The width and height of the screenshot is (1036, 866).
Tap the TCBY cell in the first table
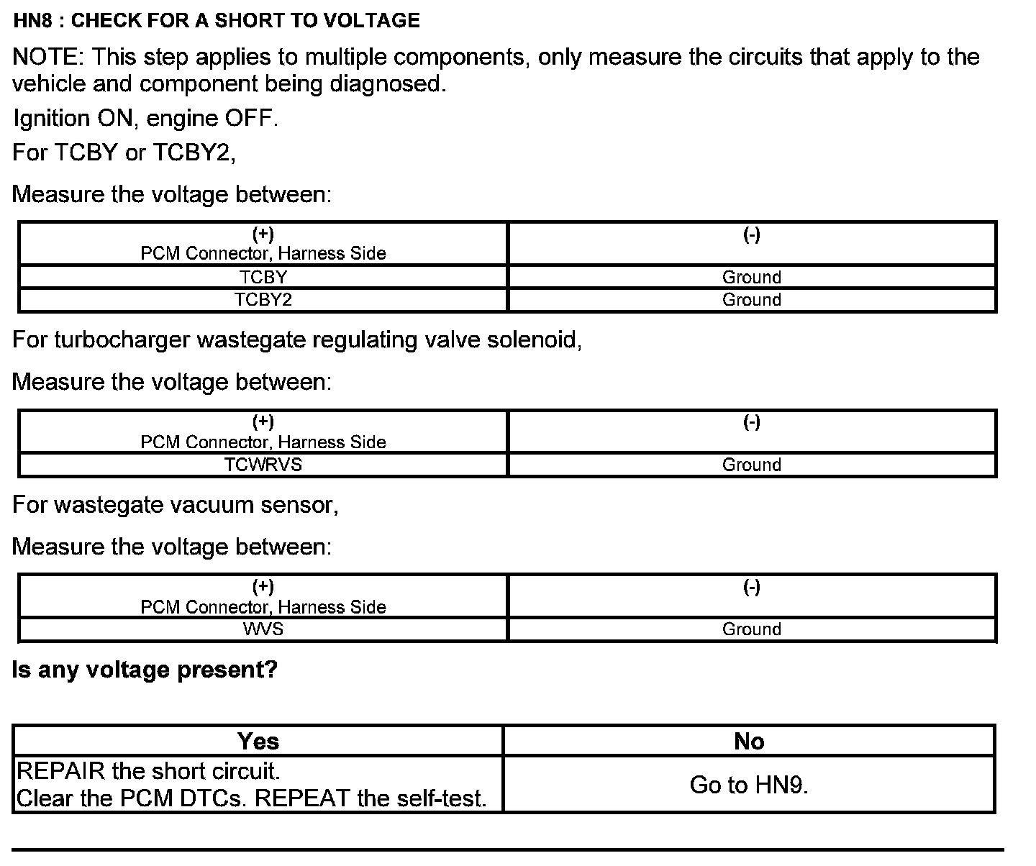263,277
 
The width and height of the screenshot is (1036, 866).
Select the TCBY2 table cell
263,299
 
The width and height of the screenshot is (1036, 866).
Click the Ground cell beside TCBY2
751,299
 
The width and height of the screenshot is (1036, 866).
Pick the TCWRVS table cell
263,465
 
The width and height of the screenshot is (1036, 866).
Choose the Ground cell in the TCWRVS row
751,465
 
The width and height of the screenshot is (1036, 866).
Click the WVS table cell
263,629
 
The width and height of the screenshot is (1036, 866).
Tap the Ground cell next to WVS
751,629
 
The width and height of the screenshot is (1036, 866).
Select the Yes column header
258,741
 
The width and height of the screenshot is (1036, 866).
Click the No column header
749,741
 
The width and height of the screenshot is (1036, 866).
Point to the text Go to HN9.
749,785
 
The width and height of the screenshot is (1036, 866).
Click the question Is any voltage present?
145,670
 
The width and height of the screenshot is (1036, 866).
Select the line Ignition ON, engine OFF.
145,118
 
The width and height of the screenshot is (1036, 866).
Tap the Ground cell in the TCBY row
751,277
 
